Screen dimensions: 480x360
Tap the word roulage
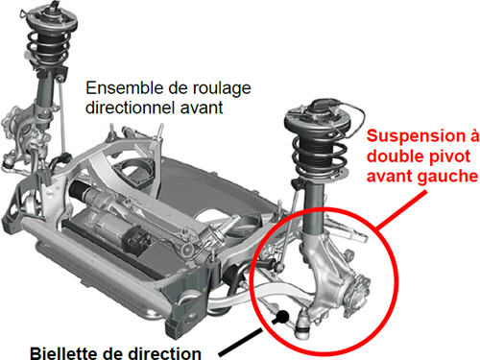[x=221, y=89]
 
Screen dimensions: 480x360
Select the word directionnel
[x=131, y=107]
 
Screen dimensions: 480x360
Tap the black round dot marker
[x=282, y=317]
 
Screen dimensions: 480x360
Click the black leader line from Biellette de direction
[x=246, y=340]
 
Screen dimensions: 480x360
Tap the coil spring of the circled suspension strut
[x=320, y=156]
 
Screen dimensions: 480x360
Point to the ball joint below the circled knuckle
[x=301, y=325]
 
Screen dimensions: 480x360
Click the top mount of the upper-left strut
[x=51, y=17]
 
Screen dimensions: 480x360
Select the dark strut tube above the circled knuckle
[x=313, y=208]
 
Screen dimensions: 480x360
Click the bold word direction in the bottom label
[x=164, y=353]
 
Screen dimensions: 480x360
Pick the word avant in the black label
[x=202, y=108]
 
